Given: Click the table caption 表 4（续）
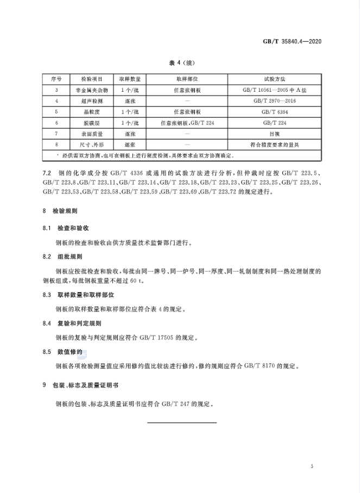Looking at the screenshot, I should pos(180,64).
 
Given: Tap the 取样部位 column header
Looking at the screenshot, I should pos(187,79).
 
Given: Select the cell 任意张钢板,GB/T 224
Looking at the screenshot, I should pos(187,123).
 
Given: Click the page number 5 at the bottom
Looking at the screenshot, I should pos(312,466).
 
